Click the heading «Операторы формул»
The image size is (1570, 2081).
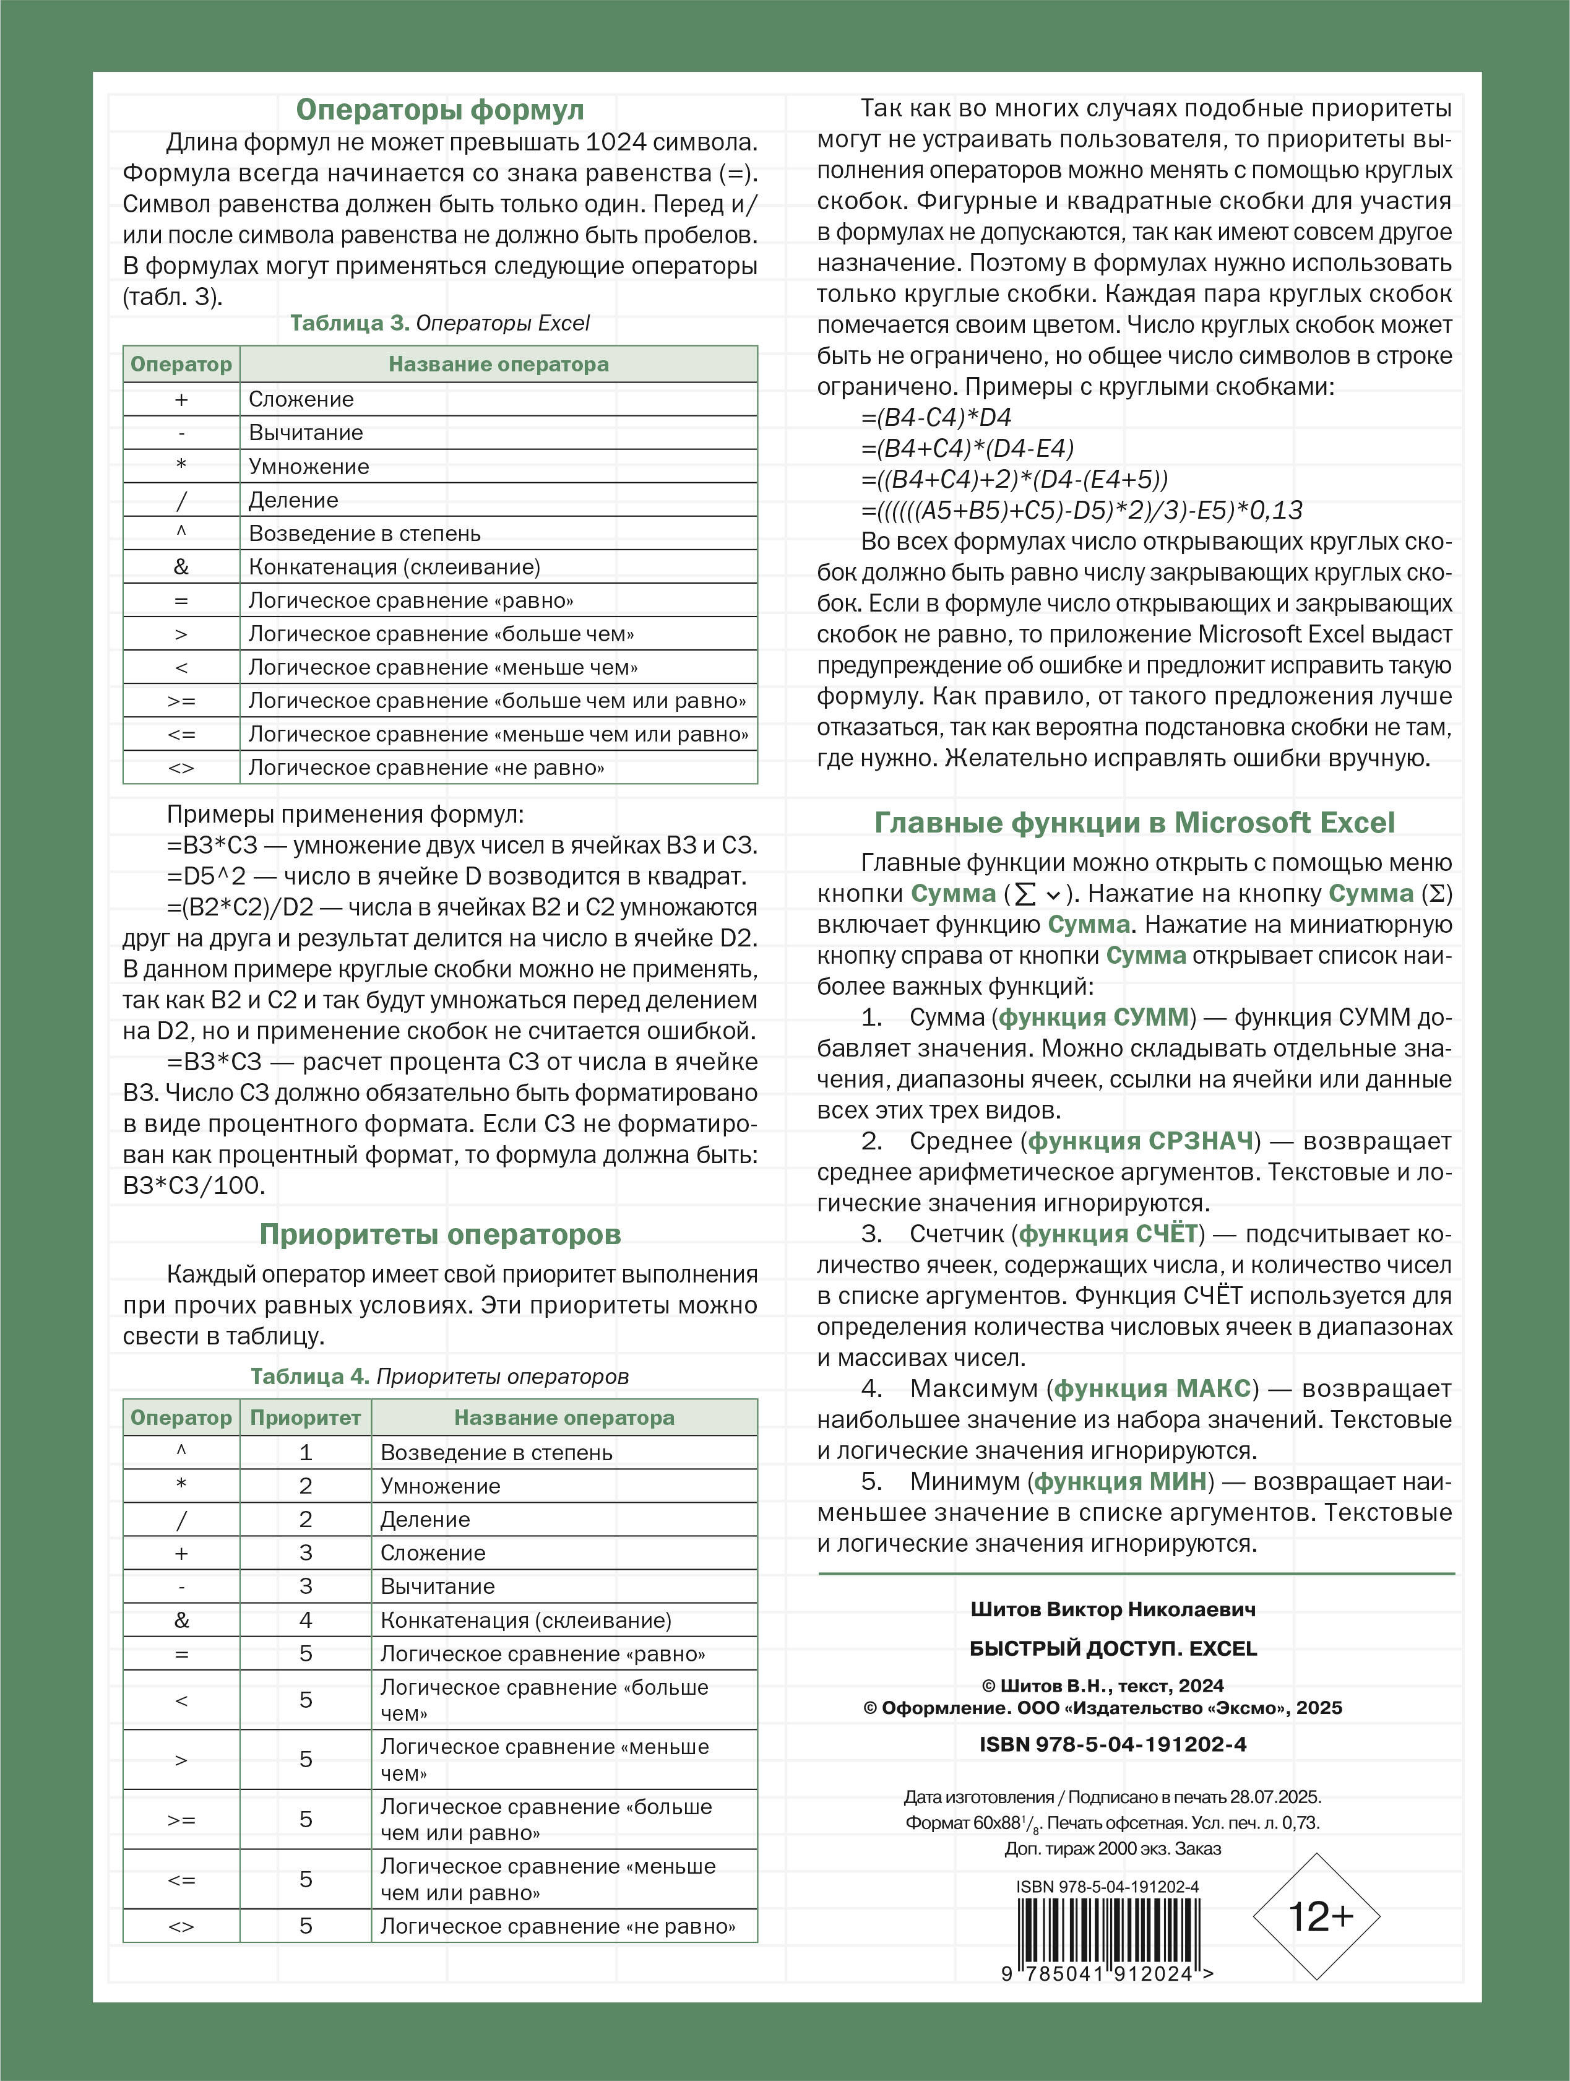[x=439, y=110]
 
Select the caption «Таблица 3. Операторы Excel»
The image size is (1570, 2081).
[x=439, y=324]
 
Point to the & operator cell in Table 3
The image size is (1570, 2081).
[x=181, y=567]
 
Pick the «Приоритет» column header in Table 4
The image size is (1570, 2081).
[x=305, y=1417]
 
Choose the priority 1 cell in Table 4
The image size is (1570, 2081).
[x=305, y=1453]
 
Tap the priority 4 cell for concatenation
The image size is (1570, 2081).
[x=305, y=1620]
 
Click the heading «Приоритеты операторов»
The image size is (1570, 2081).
[x=439, y=1234]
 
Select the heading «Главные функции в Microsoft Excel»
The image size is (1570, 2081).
[x=1134, y=823]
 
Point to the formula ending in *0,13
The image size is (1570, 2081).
[x=1082, y=511]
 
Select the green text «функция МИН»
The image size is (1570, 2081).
[x=1120, y=1482]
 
